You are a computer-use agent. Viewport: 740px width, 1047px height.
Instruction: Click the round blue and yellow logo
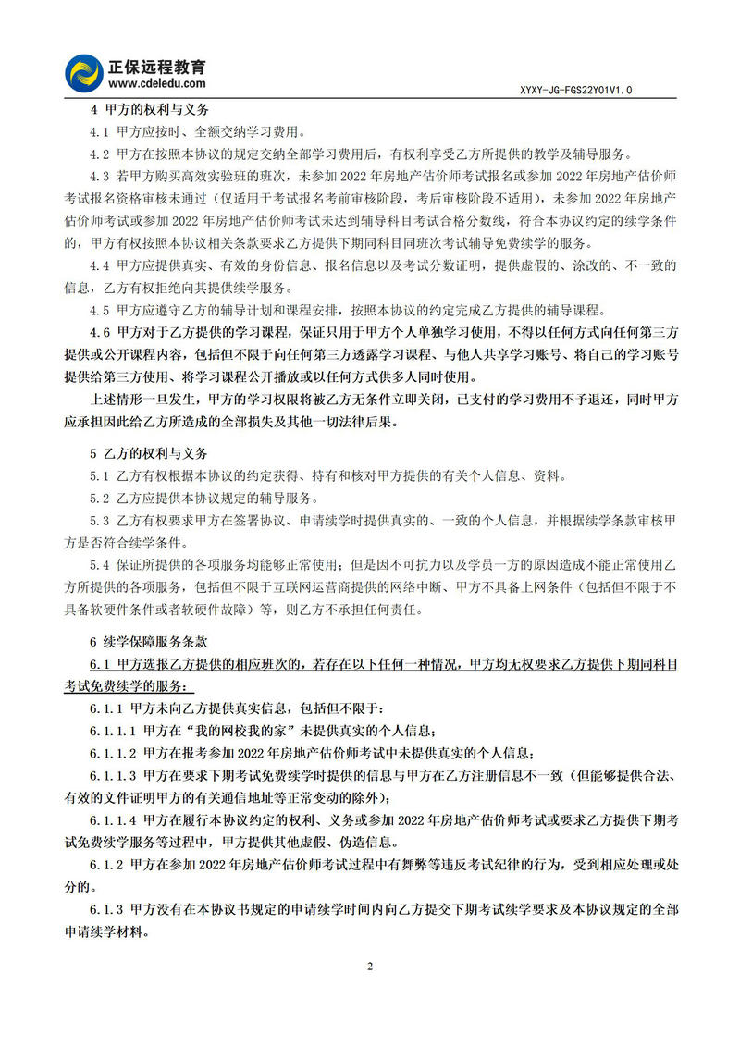(84, 72)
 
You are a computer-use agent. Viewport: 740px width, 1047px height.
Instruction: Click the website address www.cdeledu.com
(150, 83)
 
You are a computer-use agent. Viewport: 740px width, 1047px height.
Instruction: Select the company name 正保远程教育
(156, 66)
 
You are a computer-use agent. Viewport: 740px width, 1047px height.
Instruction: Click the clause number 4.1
(100, 131)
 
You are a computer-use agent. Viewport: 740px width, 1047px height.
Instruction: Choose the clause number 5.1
(100, 476)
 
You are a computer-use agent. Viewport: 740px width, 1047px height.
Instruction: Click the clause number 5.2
(100, 499)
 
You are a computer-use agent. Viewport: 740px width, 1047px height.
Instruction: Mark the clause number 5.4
(100, 565)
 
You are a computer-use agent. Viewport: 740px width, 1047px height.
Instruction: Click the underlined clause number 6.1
(100, 664)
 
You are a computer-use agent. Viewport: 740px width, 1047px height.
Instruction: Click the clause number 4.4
(100, 265)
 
